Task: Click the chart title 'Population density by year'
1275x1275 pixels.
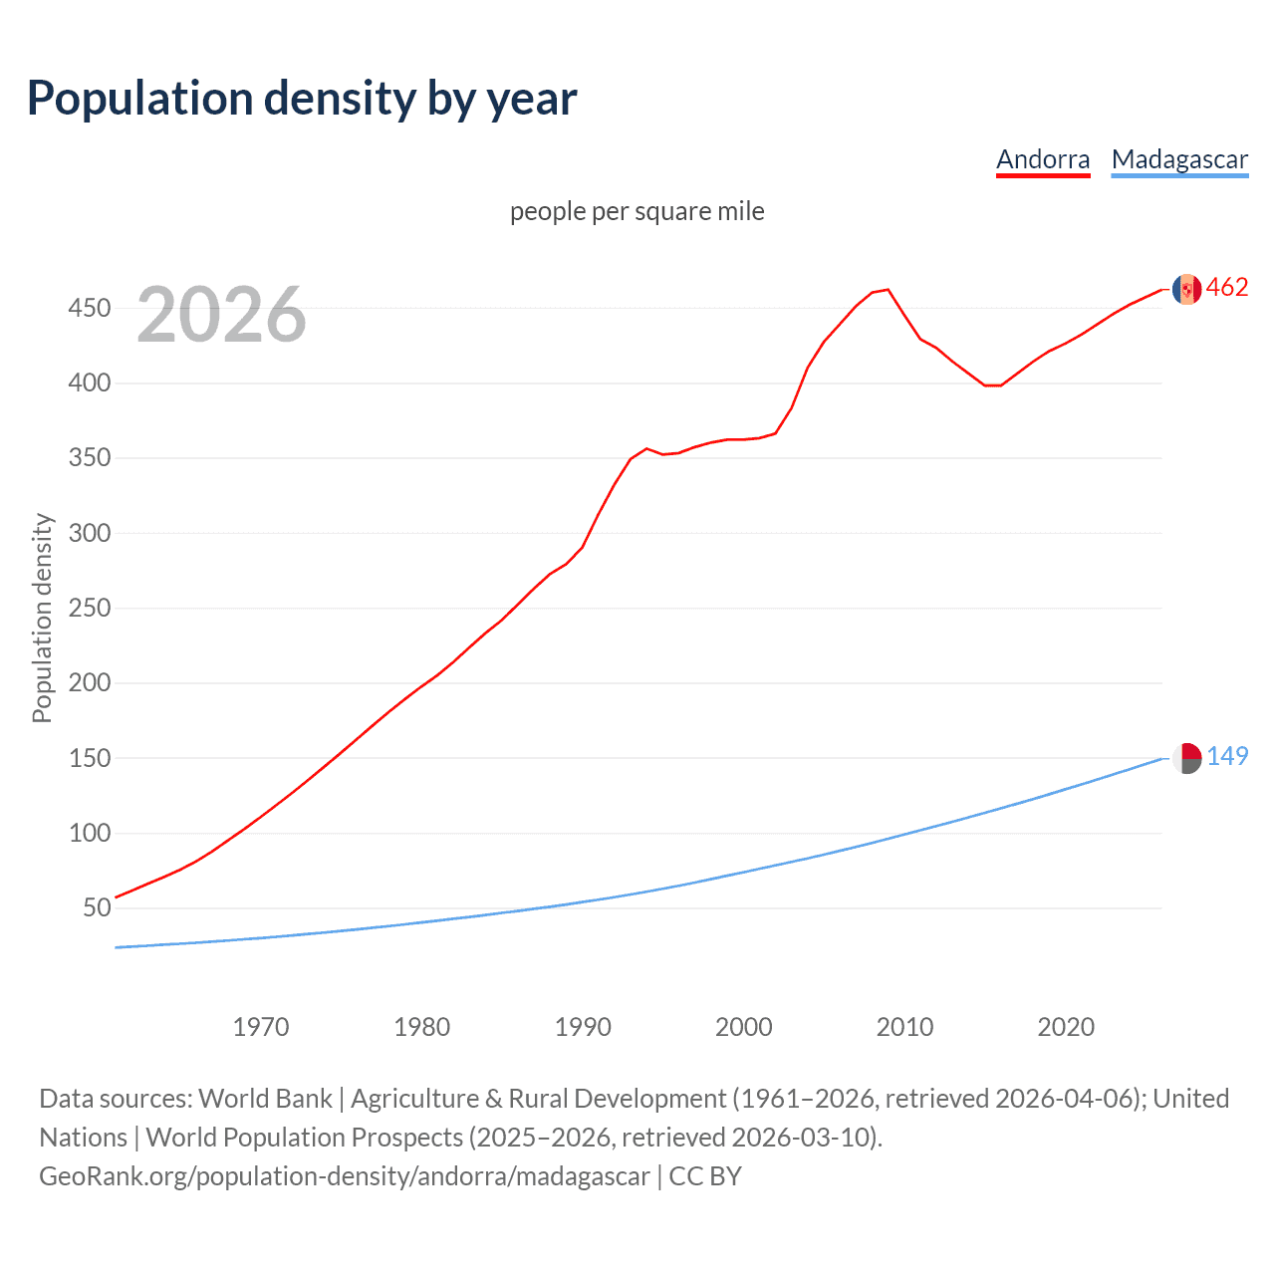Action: point(302,99)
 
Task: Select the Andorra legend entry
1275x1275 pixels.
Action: point(1043,160)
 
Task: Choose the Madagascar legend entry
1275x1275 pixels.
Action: point(1179,160)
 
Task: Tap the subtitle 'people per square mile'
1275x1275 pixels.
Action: point(637,212)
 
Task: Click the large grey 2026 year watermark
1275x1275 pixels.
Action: point(221,315)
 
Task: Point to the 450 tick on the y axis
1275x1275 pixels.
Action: point(89,309)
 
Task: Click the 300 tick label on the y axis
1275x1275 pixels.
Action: point(89,533)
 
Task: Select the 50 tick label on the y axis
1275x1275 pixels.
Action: point(97,907)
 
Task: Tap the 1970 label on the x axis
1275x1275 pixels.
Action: point(260,1027)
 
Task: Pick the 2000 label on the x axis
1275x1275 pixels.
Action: point(743,1027)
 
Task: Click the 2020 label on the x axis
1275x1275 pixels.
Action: point(1066,1027)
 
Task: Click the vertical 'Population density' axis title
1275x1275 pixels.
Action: point(42,618)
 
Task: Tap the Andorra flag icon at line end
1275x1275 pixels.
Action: point(1186,289)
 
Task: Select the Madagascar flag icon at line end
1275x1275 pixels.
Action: point(1186,758)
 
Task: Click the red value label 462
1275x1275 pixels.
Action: point(1227,288)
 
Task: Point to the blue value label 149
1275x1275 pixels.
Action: point(1227,757)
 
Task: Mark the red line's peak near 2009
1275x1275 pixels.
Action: point(888,290)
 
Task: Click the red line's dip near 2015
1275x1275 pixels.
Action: point(992,385)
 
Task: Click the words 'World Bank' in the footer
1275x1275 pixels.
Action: point(265,1099)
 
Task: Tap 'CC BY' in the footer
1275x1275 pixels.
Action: point(705,1176)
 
